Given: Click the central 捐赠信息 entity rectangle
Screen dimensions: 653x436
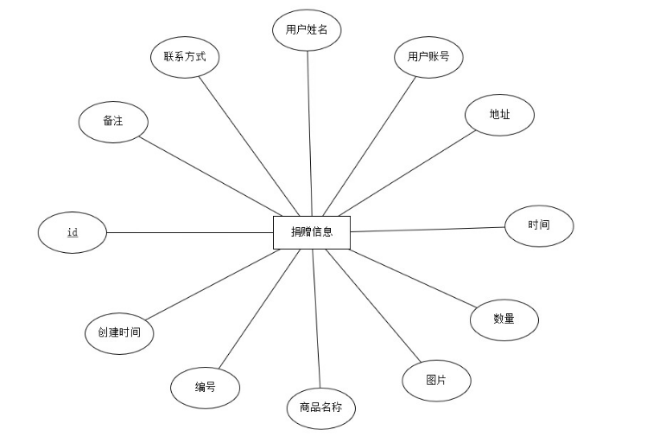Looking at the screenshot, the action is click(x=312, y=231).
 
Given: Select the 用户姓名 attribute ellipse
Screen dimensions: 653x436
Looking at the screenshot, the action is click(x=307, y=29).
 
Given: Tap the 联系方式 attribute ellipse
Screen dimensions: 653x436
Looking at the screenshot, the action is click(x=184, y=58).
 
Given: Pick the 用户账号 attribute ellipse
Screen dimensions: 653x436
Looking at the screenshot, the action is click(x=429, y=57).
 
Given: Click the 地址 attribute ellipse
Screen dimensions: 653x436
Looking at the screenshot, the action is click(x=499, y=115).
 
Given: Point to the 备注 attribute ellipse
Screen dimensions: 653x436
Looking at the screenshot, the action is click(x=113, y=121).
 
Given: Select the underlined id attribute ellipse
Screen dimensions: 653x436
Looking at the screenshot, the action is click(x=73, y=232).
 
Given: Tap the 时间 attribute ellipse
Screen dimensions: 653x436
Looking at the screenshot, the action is click(x=538, y=225).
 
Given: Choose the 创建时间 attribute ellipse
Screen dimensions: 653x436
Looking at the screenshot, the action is click(x=119, y=332).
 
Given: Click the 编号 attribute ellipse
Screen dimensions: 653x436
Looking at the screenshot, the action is click(x=205, y=387).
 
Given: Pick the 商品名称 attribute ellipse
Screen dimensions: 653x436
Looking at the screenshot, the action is click(x=320, y=408).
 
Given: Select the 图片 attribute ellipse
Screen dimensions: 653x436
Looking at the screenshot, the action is click(x=436, y=380).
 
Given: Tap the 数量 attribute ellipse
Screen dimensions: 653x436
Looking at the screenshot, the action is click(x=504, y=319).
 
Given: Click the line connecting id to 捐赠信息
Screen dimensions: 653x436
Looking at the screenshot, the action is click(x=190, y=232).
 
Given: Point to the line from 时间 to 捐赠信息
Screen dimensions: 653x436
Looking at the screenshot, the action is click(x=428, y=229).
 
